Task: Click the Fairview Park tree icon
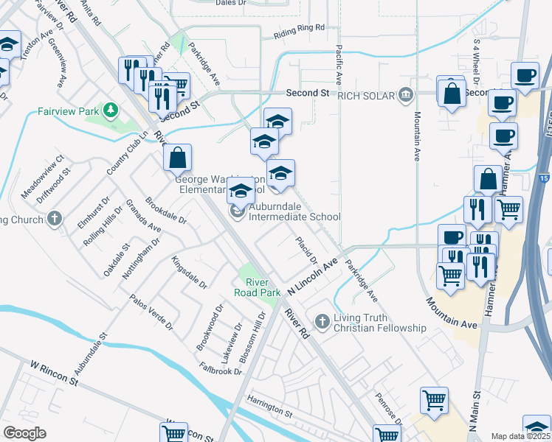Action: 111,110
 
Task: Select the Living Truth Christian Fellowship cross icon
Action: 321,321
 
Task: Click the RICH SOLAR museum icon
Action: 405,94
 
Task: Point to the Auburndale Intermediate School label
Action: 294,217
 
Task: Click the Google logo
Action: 24,433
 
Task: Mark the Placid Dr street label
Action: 306,250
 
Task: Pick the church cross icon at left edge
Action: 54,219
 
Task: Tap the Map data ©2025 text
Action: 521,436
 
